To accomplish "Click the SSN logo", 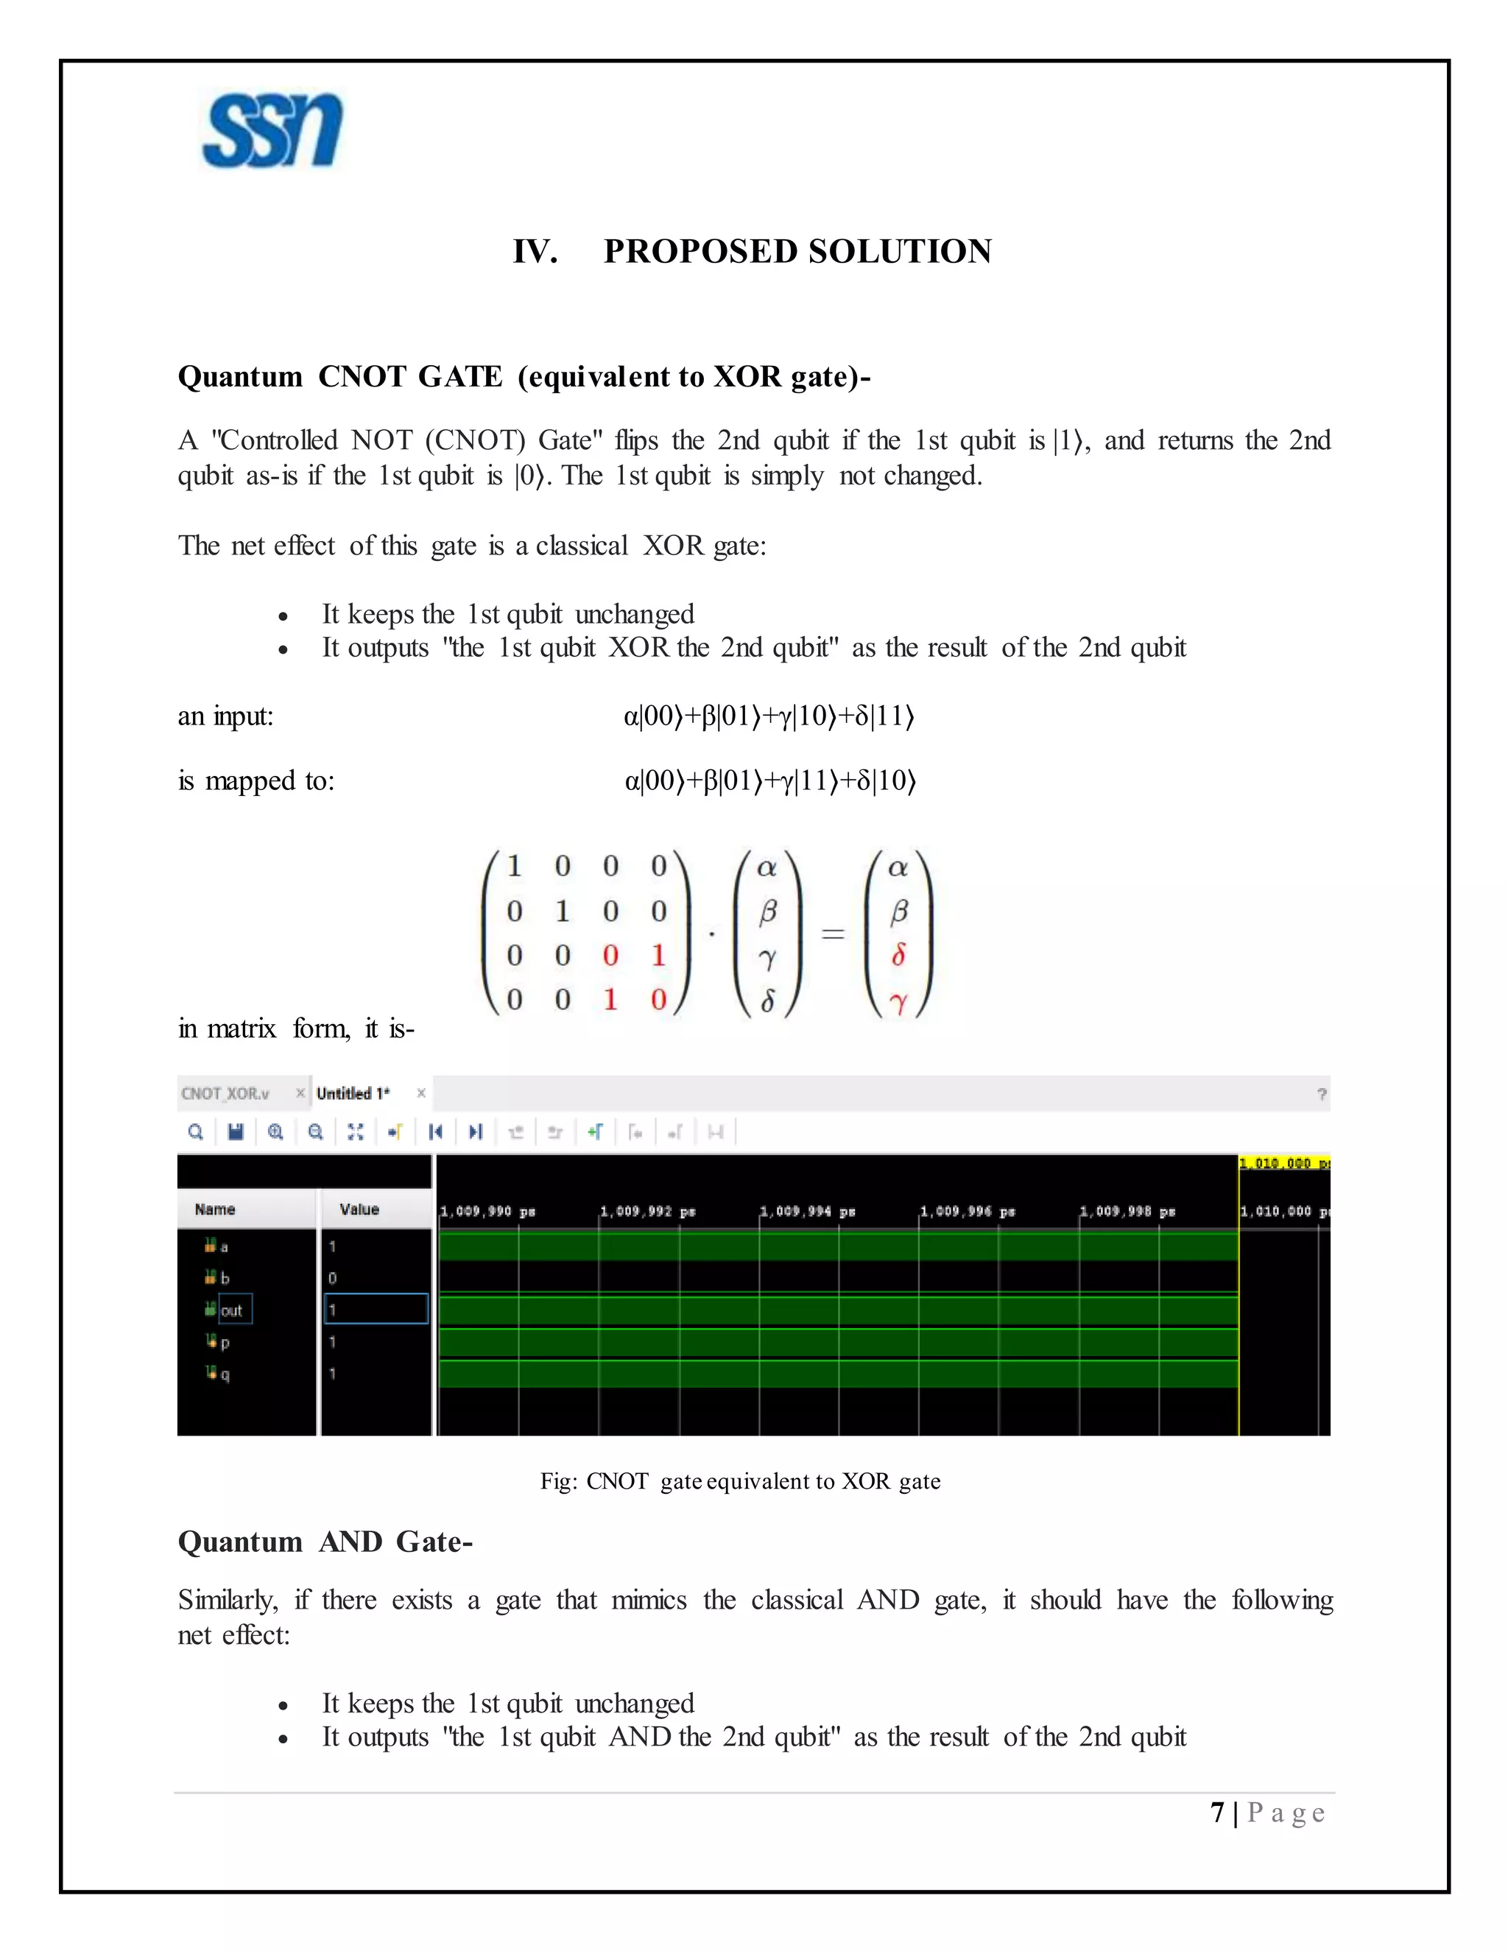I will click(x=272, y=130).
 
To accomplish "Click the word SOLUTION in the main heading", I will click(x=901, y=252).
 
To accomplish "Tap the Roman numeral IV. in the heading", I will click(x=535, y=252).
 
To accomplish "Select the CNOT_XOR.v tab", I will click(x=226, y=1093).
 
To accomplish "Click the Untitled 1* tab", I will click(x=353, y=1093).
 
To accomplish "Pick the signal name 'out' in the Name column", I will click(x=231, y=1310).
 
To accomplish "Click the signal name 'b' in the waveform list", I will click(x=225, y=1278).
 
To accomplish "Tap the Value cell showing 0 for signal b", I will click(x=332, y=1278).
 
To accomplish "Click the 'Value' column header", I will click(x=359, y=1210).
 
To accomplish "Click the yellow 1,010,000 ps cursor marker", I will click(x=1283, y=1163).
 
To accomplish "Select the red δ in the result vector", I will click(x=899, y=956).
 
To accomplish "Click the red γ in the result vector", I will click(x=899, y=1002).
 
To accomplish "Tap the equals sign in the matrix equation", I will click(x=833, y=934).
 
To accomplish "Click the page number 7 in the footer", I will click(x=1216, y=1813).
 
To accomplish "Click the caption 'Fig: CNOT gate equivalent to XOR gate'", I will click(x=740, y=1481).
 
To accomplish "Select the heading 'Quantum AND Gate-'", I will click(x=325, y=1541).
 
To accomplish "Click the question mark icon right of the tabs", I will click(x=1321, y=1094).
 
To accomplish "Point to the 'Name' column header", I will click(x=214, y=1210).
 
